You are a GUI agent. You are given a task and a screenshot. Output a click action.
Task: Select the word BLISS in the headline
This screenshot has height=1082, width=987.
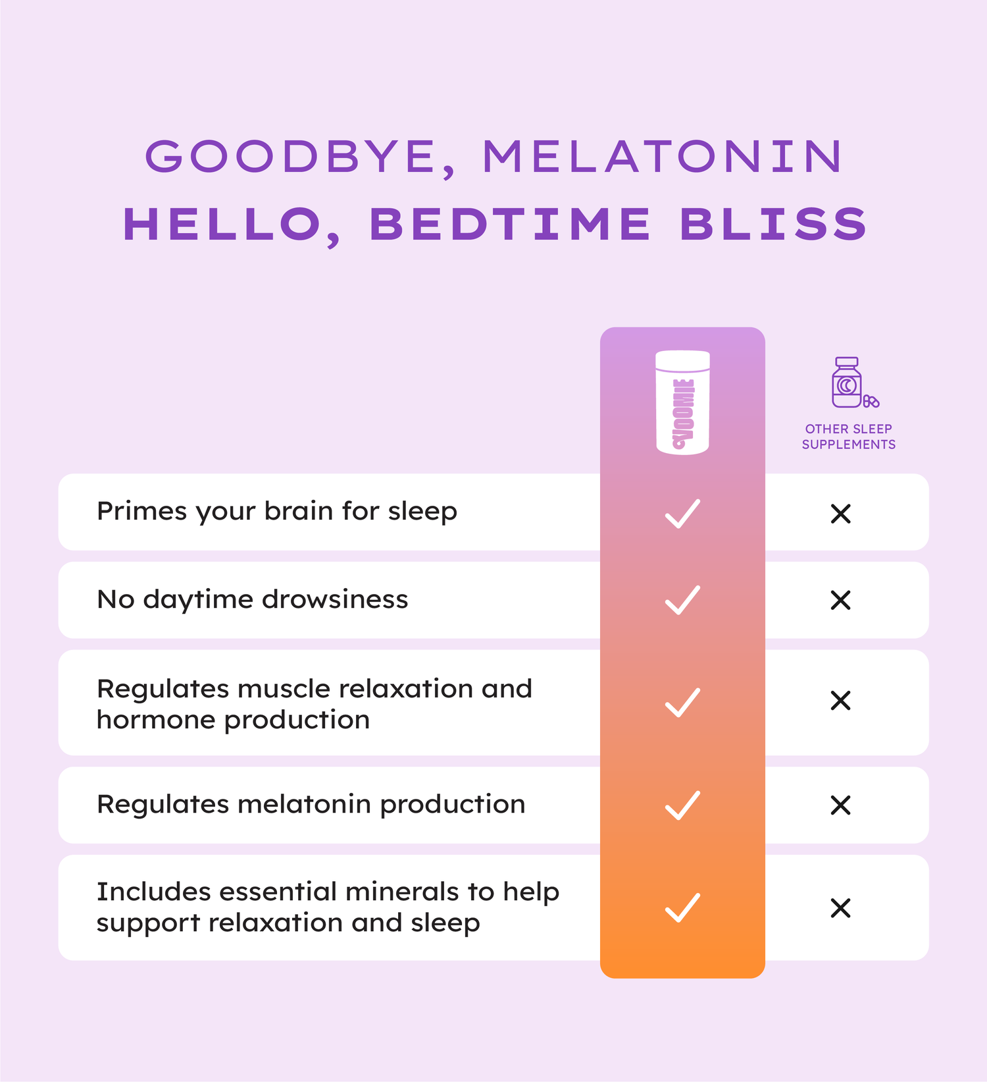pos(774,224)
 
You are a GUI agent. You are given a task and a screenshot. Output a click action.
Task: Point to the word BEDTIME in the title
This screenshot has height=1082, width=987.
pos(510,224)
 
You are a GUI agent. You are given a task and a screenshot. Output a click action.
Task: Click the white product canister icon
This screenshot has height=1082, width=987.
pos(682,402)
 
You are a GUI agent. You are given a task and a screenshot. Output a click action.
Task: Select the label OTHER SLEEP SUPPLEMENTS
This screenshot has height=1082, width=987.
pos(849,437)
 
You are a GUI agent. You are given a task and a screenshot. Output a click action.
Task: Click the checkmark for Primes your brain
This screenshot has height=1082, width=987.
pos(682,514)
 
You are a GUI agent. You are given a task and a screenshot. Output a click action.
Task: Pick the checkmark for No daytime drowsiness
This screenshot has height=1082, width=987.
pos(682,600)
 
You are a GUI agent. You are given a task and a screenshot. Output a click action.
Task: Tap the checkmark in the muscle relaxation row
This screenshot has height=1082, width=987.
pos(682,702)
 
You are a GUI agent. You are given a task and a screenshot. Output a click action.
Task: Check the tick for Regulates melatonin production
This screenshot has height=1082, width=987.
pos(682,805)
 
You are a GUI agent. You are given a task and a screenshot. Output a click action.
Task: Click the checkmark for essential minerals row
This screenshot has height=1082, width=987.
pos(682,907)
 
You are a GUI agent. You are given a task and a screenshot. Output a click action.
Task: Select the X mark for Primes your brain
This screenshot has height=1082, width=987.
pos(841,514)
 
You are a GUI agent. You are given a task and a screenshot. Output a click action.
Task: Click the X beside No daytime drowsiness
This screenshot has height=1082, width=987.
pos(841,600)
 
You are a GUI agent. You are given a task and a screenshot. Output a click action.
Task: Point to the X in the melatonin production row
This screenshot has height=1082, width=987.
pos(841,805)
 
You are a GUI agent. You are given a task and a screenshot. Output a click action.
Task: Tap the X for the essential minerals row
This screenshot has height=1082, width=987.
pos(841,908)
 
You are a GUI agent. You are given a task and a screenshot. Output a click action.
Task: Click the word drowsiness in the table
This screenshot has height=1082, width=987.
pos(335,599)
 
